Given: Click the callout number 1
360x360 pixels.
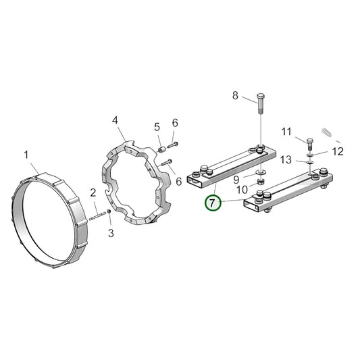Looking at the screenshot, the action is click(x=26, y=155).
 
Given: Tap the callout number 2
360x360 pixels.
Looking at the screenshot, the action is click(x=93, y=193).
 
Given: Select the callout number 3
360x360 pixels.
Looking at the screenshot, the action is click(x=111, y=233).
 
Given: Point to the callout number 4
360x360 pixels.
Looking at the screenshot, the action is click(x=115, y=120).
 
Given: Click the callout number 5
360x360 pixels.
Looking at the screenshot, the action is click(x=157, y=127).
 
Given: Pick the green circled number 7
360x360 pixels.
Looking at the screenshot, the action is click(x=213, y=203).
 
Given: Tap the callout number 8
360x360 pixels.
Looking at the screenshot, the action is click(x=235, y=95).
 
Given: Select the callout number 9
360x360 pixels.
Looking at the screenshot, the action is click(x=236, y=180).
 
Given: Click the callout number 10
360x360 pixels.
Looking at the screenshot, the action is click(x=242, y=190).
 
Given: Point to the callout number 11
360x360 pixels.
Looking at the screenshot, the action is click(x=286, y=132).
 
